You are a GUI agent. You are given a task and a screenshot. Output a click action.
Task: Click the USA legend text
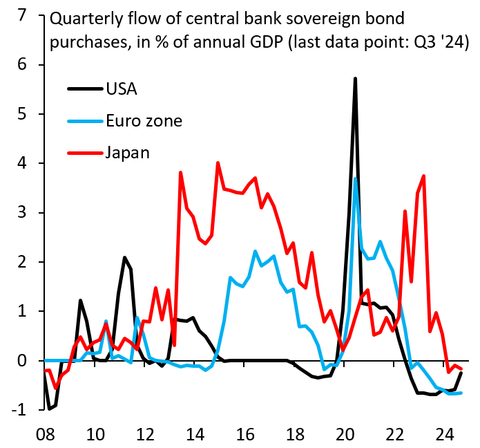pos(122,89)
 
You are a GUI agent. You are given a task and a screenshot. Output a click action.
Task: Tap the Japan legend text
pos(127,152)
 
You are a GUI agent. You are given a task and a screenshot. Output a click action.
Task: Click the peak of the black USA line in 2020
pos(355,79)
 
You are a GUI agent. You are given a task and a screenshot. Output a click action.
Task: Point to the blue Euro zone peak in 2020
pos(355,178)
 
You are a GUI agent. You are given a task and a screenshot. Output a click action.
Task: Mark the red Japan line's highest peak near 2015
pos(218,163)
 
